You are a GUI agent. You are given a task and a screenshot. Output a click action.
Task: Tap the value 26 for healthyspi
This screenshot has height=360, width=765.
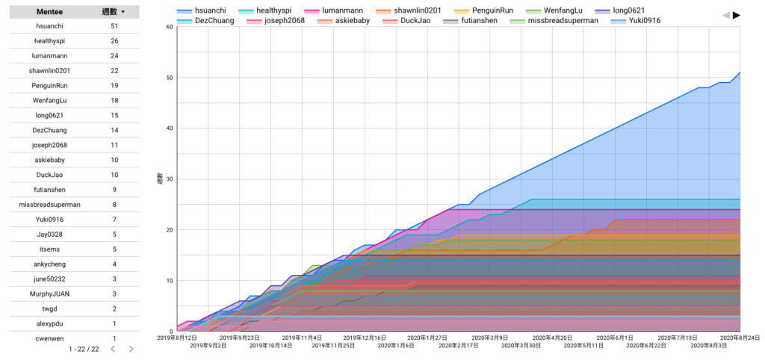(x=114, y=41)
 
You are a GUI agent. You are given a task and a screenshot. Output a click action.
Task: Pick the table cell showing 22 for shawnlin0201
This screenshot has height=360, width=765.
(x=114, y=71)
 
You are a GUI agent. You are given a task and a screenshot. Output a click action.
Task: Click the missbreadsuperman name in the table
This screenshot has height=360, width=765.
(x=50, y=205)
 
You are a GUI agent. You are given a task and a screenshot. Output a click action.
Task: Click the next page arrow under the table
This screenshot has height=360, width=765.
(x=131, y=349)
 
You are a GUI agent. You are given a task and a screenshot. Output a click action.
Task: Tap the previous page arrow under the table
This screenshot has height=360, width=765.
(x=112, y=349)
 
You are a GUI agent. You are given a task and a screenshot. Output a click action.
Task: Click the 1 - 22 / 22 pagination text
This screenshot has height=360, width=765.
(x=84, y=349)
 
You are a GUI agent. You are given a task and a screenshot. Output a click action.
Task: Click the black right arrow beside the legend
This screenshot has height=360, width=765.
(x=737, y=15)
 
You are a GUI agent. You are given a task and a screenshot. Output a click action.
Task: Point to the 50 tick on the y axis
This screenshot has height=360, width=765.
(x=170, y=78)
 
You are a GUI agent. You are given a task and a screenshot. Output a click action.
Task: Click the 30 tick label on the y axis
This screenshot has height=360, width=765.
(x=170, y=179)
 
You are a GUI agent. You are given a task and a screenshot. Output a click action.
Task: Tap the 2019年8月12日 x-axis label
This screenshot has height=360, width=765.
(x=177, y=337)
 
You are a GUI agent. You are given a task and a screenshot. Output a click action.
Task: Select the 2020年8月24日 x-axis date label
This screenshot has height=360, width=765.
(x=740, y=337)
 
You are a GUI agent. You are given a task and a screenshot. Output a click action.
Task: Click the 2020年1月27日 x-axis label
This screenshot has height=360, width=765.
(x=427, y=337)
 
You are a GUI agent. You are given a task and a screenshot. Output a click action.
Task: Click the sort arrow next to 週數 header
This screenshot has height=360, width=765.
(x=123, y=12)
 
